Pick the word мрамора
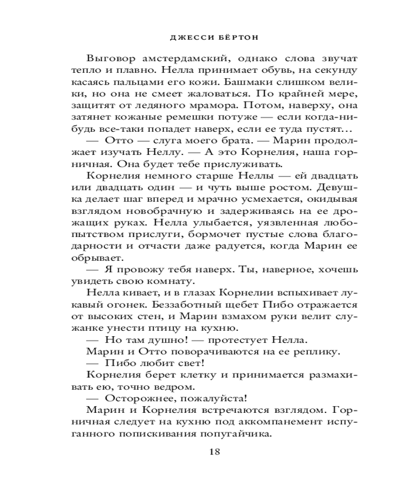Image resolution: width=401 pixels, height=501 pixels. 219,106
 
